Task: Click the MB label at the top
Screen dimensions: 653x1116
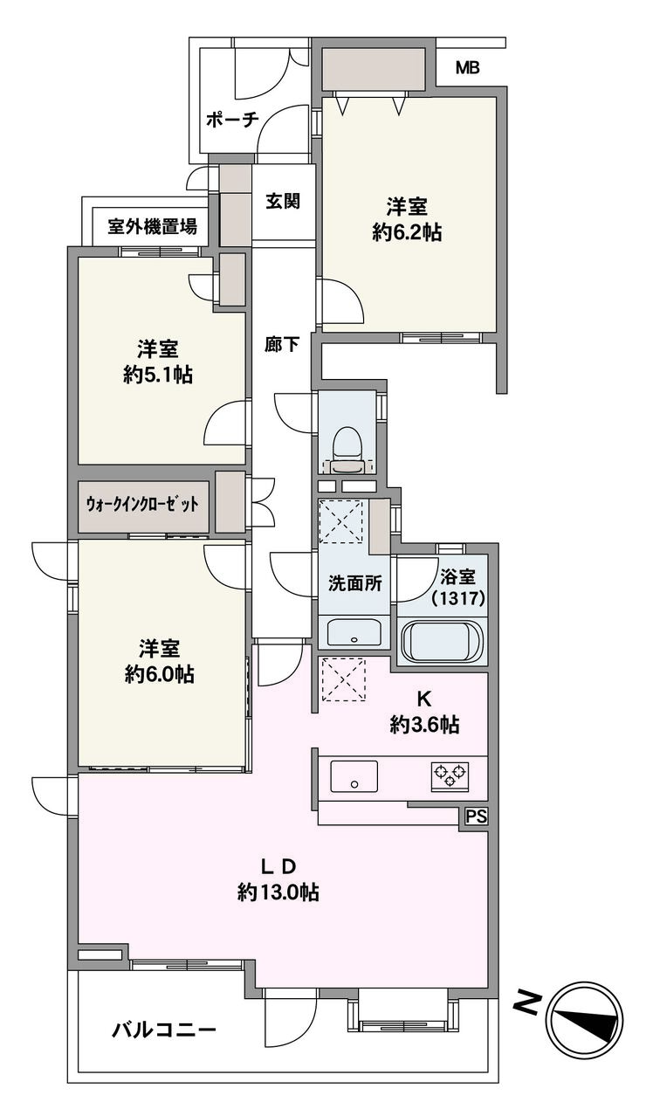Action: [468, 68]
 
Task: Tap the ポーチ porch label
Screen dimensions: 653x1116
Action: [232, 121]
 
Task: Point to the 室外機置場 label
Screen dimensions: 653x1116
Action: [153, 227]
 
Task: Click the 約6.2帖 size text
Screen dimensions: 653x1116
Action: [407, 232]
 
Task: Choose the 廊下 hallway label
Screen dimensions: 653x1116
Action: [282, 345]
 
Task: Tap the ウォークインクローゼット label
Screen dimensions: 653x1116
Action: [142, 505]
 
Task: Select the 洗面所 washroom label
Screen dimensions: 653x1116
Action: [354, 583]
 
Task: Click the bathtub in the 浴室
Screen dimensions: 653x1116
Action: [443, 640]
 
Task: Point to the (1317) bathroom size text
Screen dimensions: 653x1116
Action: [458, 599]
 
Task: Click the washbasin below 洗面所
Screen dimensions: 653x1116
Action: [354, 632]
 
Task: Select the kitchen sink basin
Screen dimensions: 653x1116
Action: [354, 775]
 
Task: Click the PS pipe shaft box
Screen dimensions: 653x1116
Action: [477, 816]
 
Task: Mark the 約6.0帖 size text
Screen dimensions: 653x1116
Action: [160, 675]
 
